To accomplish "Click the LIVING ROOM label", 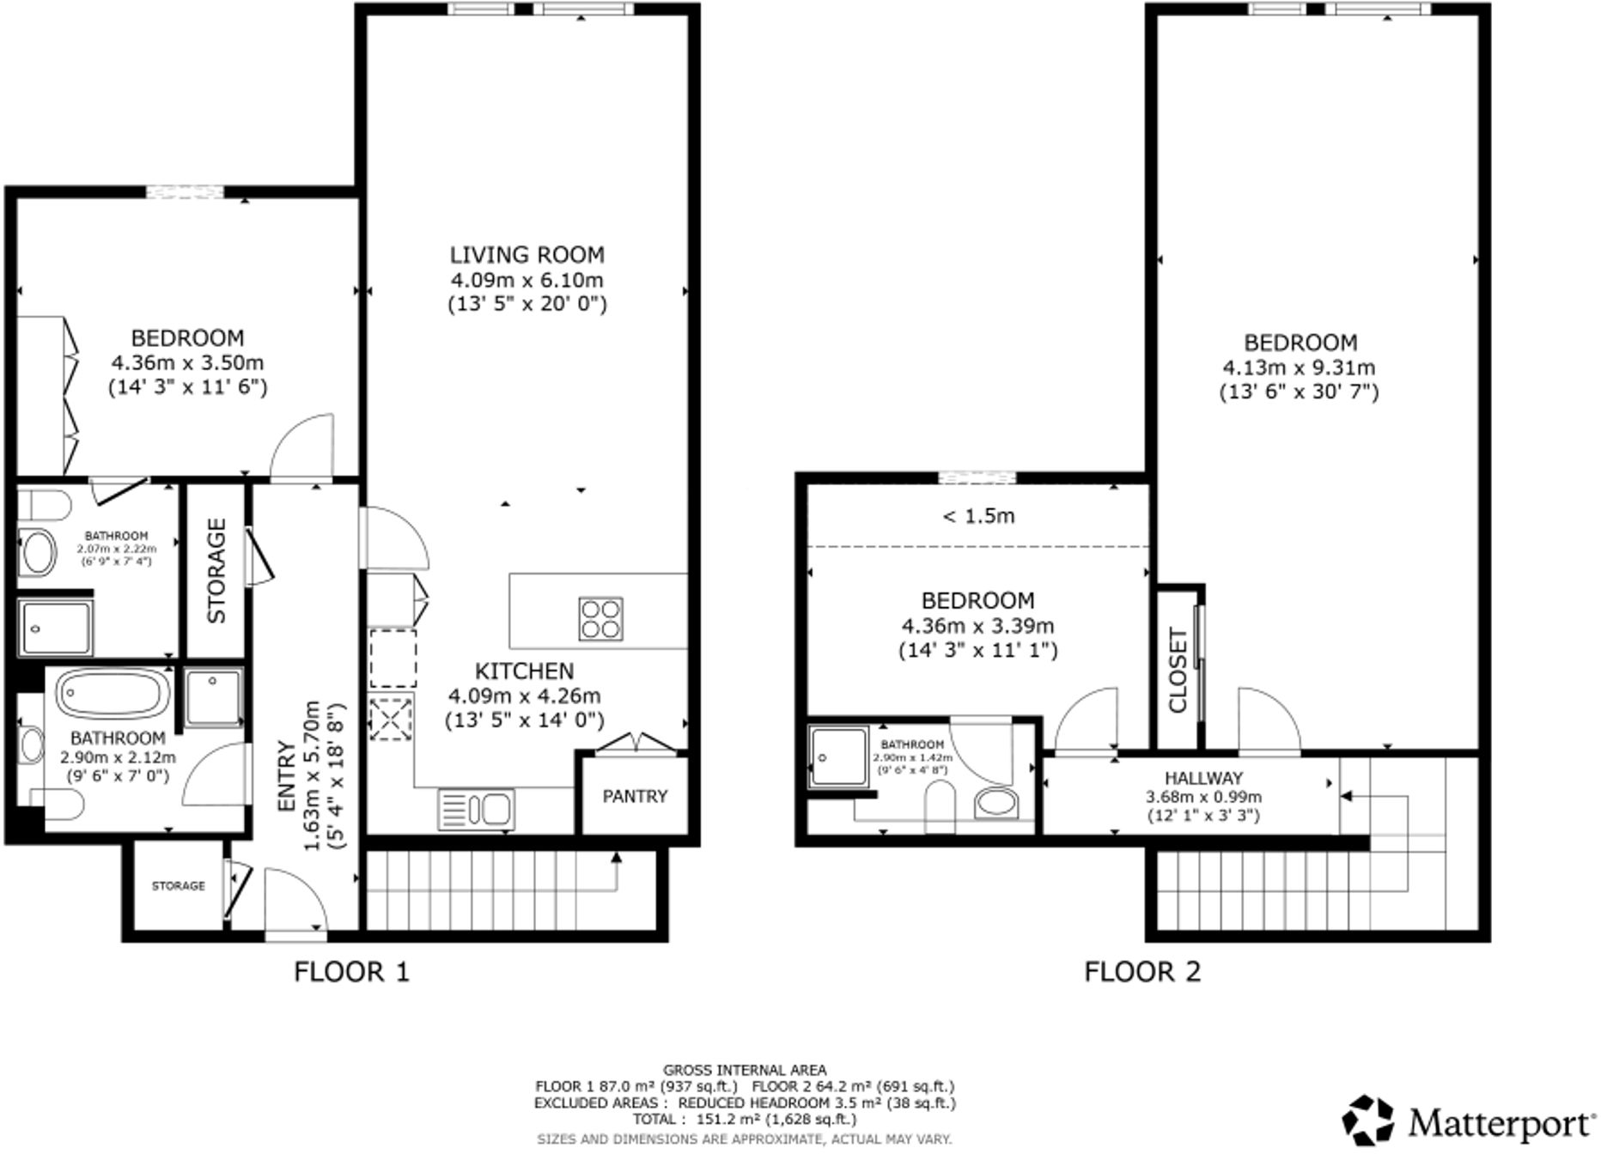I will [x=527, y=255].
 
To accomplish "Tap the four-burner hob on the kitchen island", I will [x=600, y=619].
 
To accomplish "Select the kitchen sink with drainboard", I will [x=476, y=810].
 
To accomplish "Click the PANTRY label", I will [x=635, y=797].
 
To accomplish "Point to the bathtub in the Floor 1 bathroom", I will [x=113, y=694].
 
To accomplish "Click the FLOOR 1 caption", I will [x=351, y=972].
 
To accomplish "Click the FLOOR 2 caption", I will [x=1142, y=972].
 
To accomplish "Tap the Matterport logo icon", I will [x=1369, y=1120].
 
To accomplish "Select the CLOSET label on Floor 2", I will [x=1178, y=671].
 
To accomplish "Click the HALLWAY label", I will [x=1203, y=778].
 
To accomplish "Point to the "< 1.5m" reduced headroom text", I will [x=978, y=516].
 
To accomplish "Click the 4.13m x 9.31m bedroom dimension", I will [x=1299, y=368].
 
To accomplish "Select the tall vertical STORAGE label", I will [x=216, y=570].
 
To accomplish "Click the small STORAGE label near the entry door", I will [x=179, y=886].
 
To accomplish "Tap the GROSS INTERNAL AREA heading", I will [x=744, y=1070].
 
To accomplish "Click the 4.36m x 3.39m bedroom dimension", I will [x=977, y=627].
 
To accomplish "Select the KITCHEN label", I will [x=524, y=671].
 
